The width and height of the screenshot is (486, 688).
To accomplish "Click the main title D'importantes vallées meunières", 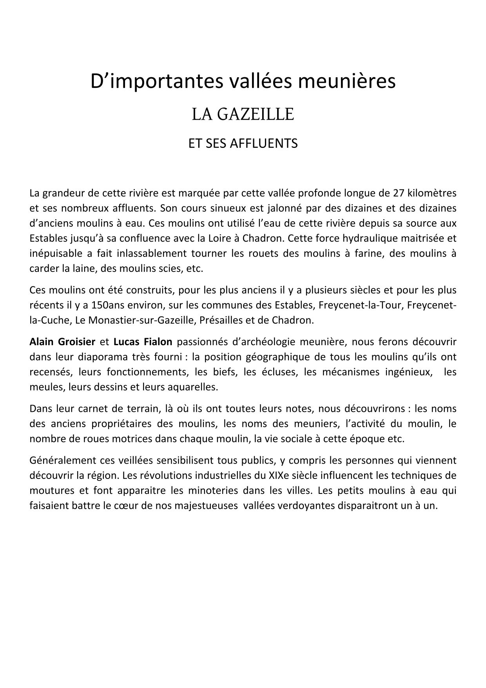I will (243, 82).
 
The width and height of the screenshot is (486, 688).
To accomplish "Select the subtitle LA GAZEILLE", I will (243, 115).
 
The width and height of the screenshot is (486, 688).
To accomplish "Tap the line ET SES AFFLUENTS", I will (243, 143).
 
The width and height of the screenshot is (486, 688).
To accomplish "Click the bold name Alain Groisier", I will (62, 342).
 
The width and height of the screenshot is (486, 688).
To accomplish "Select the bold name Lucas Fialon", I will (143, 342).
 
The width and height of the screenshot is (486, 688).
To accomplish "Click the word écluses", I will (279, 372).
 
